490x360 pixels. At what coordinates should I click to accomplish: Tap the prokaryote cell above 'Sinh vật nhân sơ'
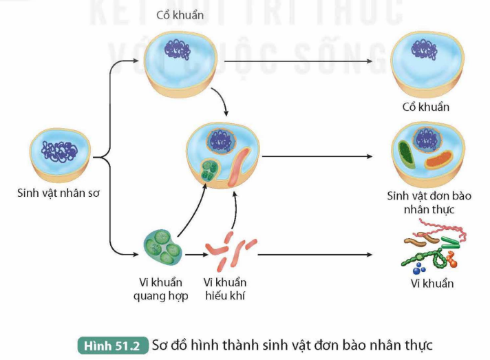(61, 151)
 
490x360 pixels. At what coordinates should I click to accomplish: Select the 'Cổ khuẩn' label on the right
(425, 107)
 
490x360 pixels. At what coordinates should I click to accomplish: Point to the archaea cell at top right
(426, 63)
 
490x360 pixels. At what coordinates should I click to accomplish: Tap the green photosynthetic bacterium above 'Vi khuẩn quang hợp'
(162, 247)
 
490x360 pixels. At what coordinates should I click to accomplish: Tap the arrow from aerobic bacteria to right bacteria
(317, 255)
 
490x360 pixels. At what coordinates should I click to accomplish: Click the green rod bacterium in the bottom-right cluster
(451, 242)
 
